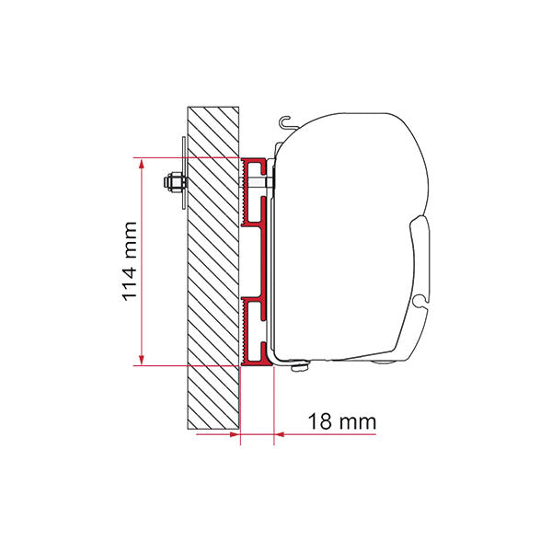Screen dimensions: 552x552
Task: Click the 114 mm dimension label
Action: tap(129, 261)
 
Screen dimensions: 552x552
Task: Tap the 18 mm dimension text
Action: tap(342, 421)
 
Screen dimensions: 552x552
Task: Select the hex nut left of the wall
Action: tap(172, 183)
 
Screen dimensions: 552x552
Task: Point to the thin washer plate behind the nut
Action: tap(183, 173)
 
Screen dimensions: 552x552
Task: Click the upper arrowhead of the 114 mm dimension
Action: tap(142, 164)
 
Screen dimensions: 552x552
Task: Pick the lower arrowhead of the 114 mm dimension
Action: tap(142, 360)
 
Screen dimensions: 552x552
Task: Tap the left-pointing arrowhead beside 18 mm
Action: tap(280, 434)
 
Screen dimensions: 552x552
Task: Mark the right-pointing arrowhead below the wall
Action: tap(235, 434)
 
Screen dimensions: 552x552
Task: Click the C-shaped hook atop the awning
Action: tap(286, 122)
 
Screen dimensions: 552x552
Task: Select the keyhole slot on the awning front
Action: tap(421, 300)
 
